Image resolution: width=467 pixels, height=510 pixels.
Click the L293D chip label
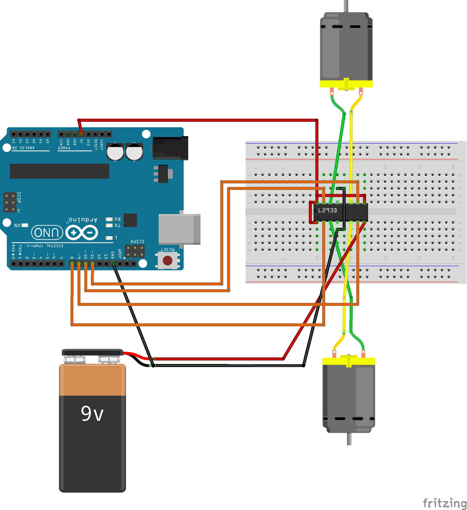[327, 210]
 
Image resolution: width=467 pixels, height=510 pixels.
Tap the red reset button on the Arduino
[168, 260]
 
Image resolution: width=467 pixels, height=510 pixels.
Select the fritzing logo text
[445, 503]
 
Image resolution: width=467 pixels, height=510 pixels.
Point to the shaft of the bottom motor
[349, 439]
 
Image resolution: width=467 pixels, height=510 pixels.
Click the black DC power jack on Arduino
[170, 148]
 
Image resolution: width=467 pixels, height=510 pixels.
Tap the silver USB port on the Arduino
[179, 229]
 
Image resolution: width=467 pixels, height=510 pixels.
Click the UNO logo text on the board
[47, 232]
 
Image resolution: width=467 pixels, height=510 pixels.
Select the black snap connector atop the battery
[93, 352]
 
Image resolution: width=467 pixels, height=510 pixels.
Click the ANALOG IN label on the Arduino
[23, 148]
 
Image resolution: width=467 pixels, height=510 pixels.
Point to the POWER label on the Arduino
[64, 148]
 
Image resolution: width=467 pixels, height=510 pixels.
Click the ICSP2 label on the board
[137, 241]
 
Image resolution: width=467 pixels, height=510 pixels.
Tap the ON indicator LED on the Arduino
[25, 225]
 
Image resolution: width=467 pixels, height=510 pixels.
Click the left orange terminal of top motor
[332, 91]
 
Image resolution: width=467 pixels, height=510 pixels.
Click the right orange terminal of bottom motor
[363, 354]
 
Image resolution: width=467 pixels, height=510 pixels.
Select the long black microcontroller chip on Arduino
[59, 171]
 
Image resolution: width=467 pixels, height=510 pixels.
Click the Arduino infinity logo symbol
[82, 232]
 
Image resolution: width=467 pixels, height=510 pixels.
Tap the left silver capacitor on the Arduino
[115, 152]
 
